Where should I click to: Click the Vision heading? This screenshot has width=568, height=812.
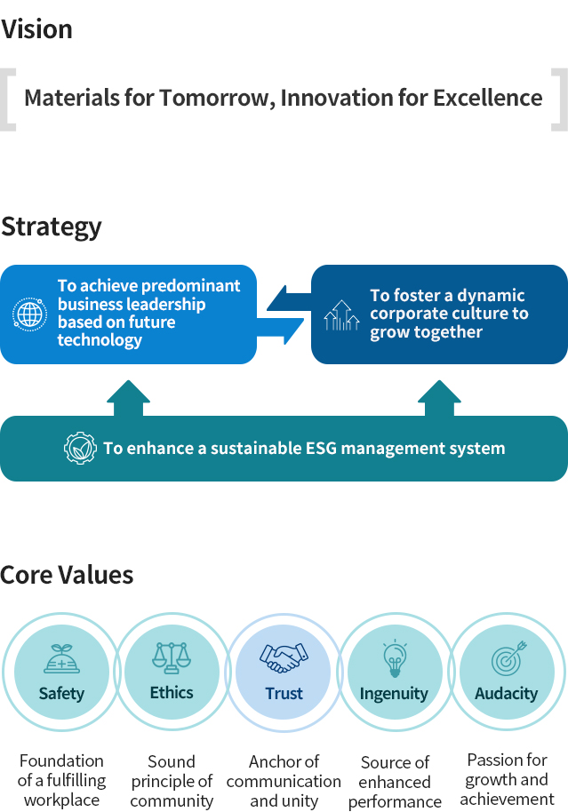click(36, 29)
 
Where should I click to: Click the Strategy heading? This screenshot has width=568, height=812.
click(52, 227)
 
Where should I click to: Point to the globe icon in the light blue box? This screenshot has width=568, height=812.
click(29, 314)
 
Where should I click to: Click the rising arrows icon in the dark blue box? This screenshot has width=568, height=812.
click(341, 315)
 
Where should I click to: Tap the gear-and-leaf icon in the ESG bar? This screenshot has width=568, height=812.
click(80, 448)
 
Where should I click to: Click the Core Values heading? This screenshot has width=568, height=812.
click(67, 575)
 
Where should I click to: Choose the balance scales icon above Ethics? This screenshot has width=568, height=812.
click(172, 658)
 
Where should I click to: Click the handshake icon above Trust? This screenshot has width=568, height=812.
click(284, 658)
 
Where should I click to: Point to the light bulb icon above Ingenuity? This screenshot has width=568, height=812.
click(394, 659)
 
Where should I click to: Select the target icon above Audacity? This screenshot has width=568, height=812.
click(508, 658)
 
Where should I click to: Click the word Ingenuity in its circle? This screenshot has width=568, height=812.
click(394, 694)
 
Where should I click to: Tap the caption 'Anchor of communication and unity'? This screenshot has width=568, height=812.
click(284, 781)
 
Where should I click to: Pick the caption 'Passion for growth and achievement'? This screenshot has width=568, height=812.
click(507, 779)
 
